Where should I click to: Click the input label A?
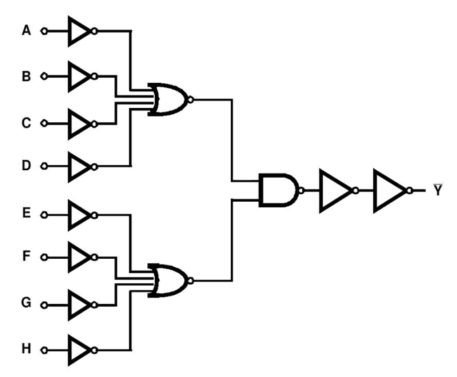(x=26, y=31)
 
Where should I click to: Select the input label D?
(x=26, y=166)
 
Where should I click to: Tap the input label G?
(x=26, y=303)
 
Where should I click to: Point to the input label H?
(x=26, y=349)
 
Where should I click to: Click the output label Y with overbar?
(x=437, y=190)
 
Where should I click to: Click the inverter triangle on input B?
(x=78, y=76)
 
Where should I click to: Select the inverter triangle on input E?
(x=78, y=215)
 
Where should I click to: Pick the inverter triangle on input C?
(x=78, y=124)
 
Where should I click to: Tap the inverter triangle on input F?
(x=78, y=258)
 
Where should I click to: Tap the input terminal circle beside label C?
(x=44, y=124)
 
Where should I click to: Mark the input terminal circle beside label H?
(x=44, y=350)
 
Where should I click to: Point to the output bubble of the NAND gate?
(x=301, y=190)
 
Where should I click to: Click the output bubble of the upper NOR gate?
(x=190, y=99)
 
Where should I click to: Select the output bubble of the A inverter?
(x=94, y=31)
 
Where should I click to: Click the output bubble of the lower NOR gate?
(x=190, y=280)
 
